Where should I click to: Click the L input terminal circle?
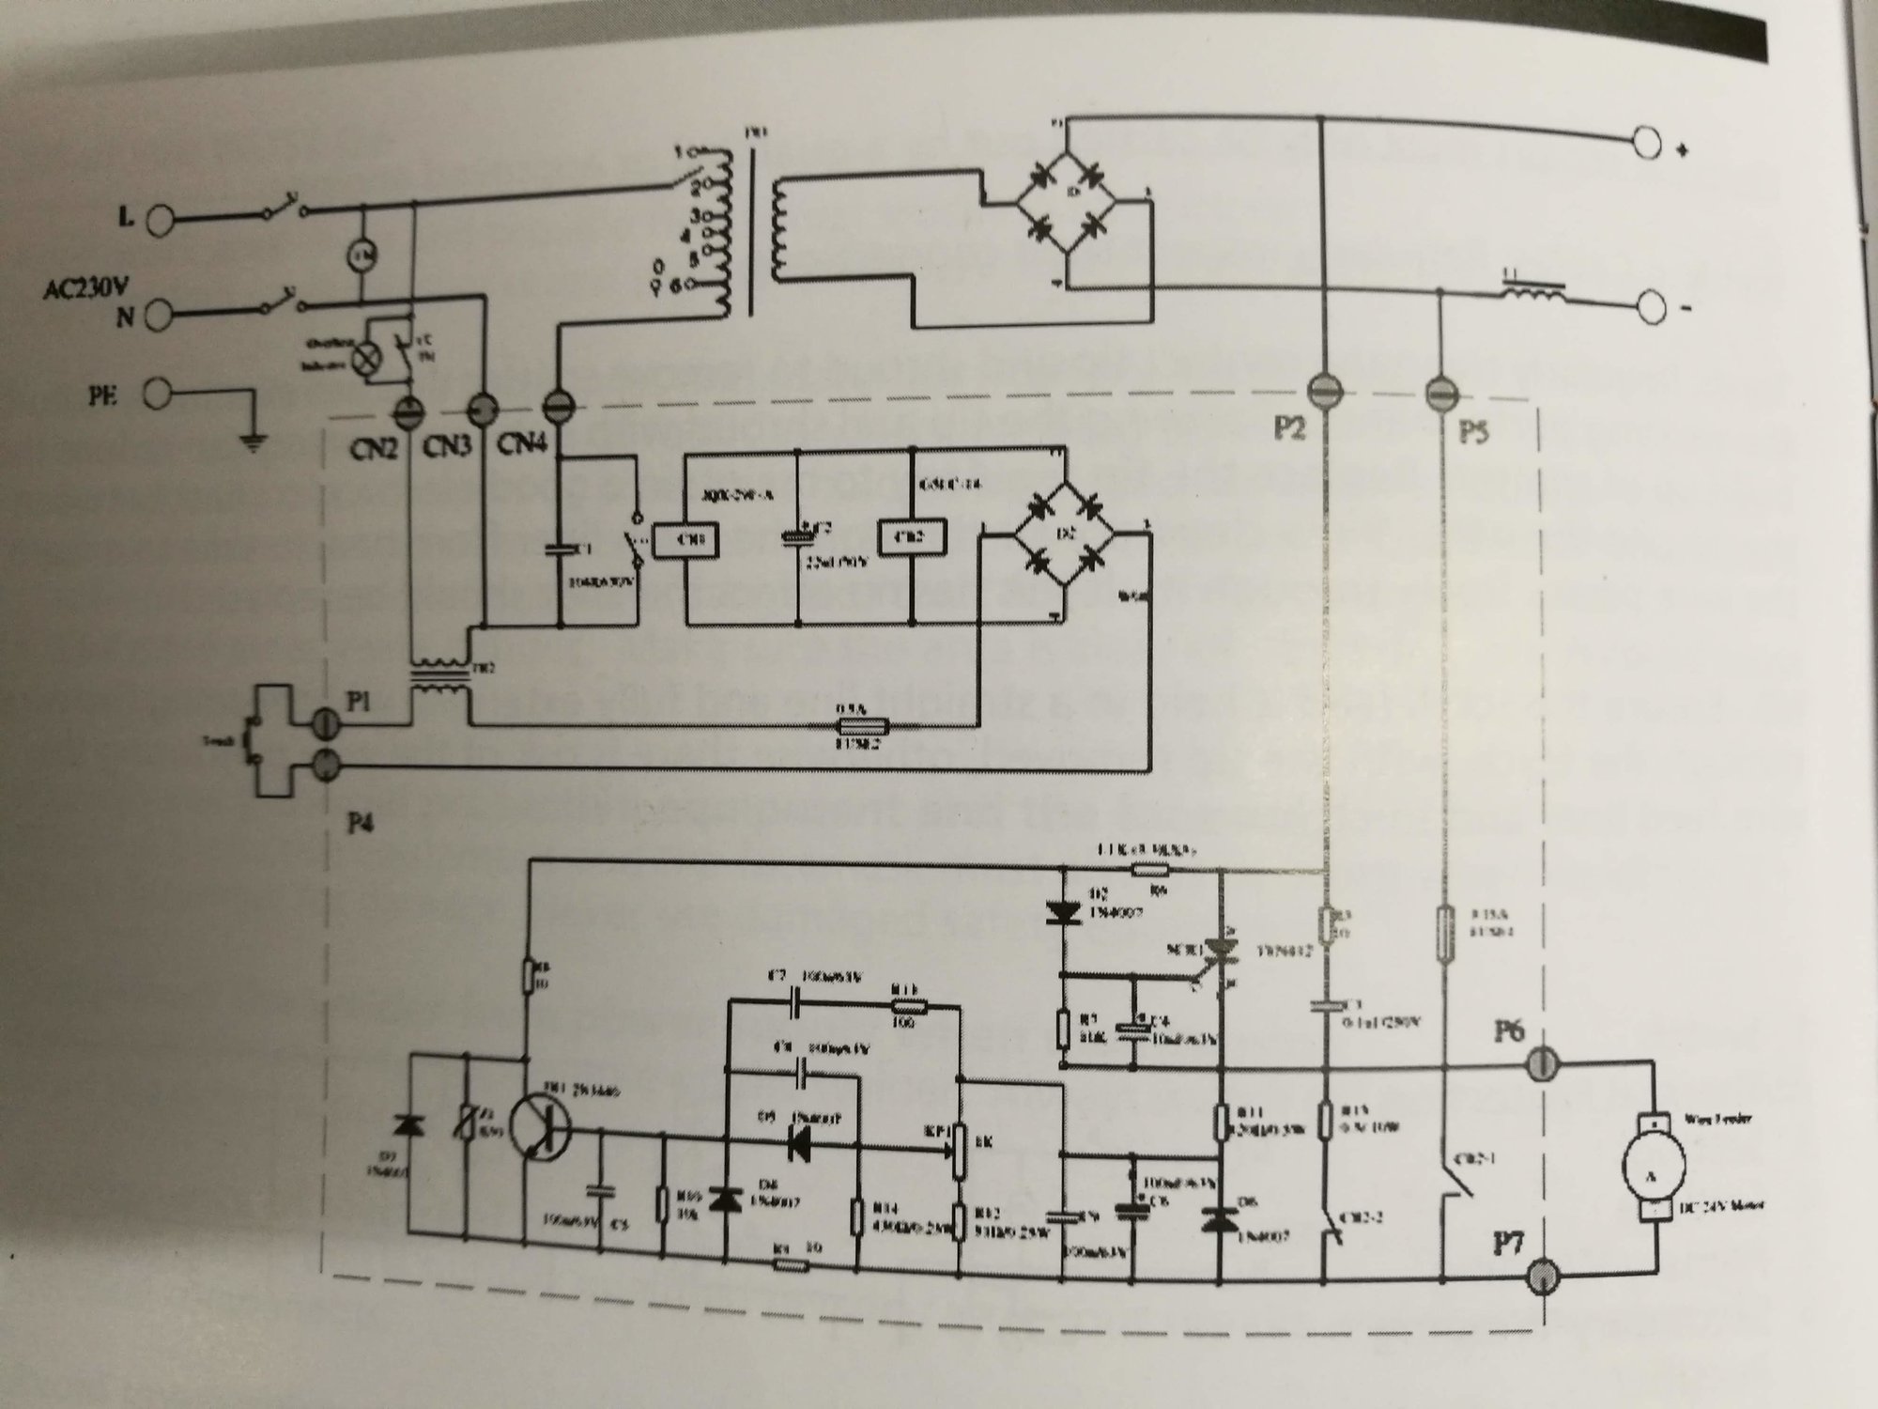tap(161, 220)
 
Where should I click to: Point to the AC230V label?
tap(85, 287)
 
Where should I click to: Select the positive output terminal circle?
tap(1650, 146)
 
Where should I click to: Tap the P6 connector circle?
tap(1539, 1064)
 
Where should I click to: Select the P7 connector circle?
tap(1543, 1275)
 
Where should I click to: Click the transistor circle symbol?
tap(540, 1126)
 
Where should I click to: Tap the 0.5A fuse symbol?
tap(862, 727)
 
